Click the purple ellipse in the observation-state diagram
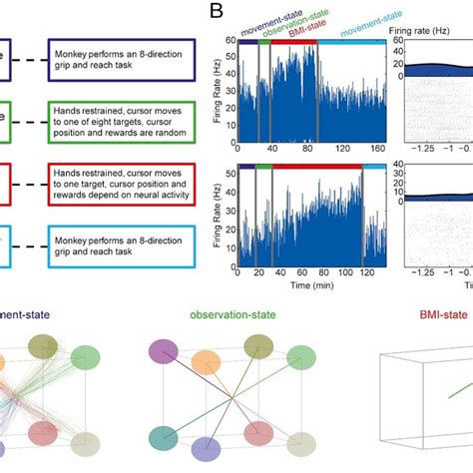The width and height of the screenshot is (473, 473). click(x=163, y=351)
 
